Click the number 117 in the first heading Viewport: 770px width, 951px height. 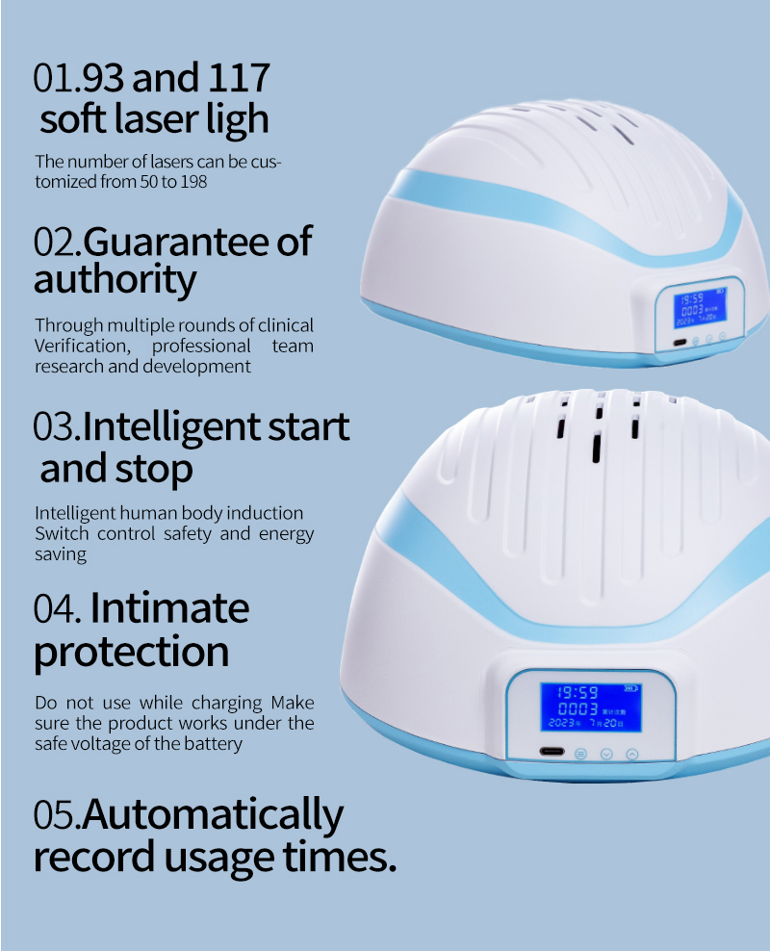point(238,78)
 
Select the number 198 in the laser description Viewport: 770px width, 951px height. point(193,181)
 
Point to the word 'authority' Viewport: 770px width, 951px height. point(115,280)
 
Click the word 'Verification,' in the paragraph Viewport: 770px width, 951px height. point(83,347)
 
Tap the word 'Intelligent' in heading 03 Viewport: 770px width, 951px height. point(171,427)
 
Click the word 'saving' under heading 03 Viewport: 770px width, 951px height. point(61,554)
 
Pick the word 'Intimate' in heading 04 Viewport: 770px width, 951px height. point(169,607)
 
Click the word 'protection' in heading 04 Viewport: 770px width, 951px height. point(132,652)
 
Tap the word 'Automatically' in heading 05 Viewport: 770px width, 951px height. point(213,815)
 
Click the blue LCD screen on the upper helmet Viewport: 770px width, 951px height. point(701,307)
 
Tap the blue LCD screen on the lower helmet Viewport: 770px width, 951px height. point(591,707)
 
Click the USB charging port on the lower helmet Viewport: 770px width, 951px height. point(552,752)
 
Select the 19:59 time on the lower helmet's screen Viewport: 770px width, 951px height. point(577,692)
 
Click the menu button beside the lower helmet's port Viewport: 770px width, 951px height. point(580,754)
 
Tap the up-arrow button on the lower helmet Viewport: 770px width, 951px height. point(631,755)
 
